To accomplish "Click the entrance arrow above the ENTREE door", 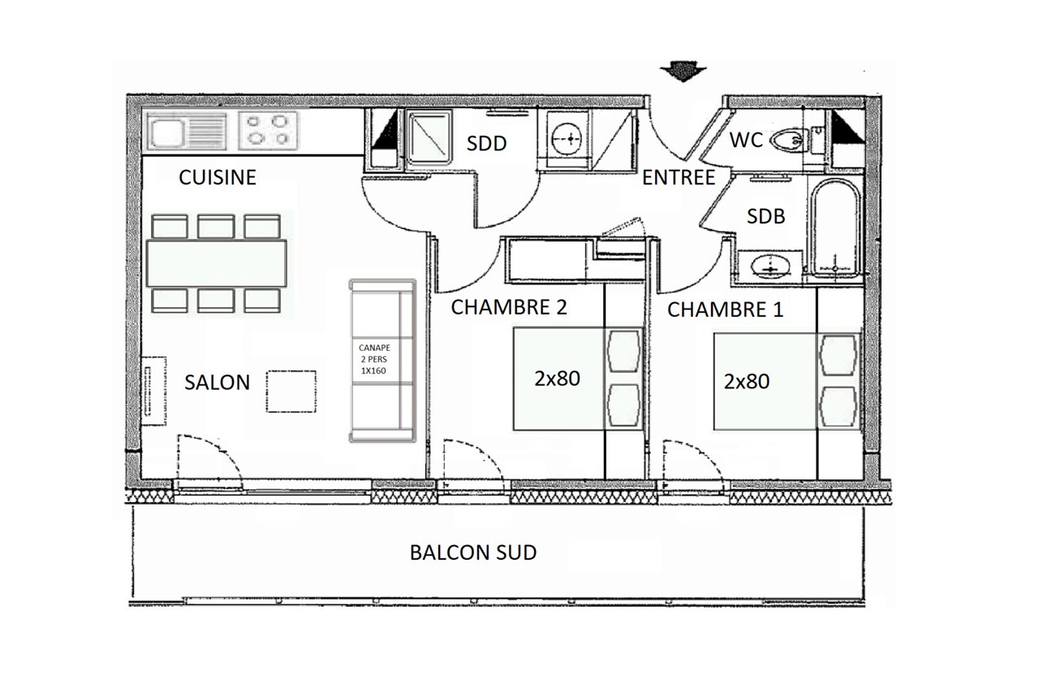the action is tap(683, 72).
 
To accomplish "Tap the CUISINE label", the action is tap(218, 177).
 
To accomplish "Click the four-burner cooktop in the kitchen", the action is tap(268, 131).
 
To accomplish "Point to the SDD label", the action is tap(486, 144).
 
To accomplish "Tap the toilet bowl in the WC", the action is tap(788, 140).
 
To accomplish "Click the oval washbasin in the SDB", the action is tap(770, 266).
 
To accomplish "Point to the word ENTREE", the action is tap(678, 178).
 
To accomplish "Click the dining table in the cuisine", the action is tap(216, 263).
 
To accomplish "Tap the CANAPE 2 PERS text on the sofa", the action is tap(374, 353).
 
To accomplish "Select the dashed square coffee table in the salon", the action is tap(291, 392).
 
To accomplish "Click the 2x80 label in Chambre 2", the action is tap(557, 379).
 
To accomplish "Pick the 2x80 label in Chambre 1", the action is tap(746, 382).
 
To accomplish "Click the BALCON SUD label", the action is tap(473, 552).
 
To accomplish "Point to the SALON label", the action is tap(217, 383).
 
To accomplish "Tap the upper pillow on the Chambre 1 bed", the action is tap(839, 356).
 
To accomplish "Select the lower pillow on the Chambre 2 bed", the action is tap(624, 405).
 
